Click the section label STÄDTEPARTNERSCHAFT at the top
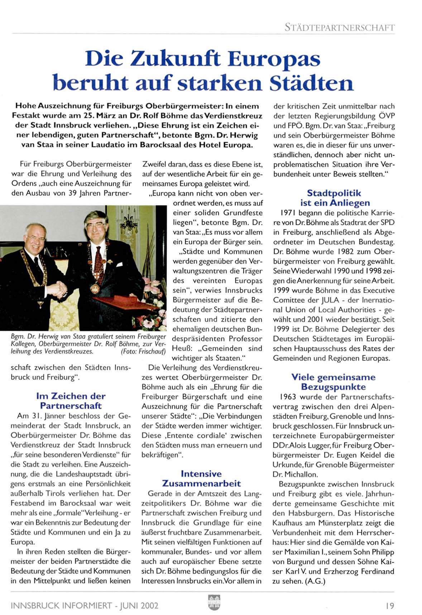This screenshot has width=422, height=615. pyautogui.click(x=339, y=27)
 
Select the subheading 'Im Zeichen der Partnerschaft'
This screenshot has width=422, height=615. pyautogui.click(x=71, y=401)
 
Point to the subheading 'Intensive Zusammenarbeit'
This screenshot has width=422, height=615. pyautogui.click(x=201, y=479)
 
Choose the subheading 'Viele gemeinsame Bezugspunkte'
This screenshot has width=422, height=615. pyautogui.click(x=333, y=382)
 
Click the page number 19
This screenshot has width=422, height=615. pyautogui.click(x=390, y=606)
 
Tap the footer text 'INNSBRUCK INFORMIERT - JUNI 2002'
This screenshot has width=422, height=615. pyautogui.click(x=85, y=606)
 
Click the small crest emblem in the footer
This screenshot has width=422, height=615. pyautogui.click(x=214, y=602)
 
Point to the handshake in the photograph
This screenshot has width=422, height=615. pyautogui.click(x=57, y=289)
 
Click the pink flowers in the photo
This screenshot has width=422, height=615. pyautogui.click(x=152, y=286)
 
